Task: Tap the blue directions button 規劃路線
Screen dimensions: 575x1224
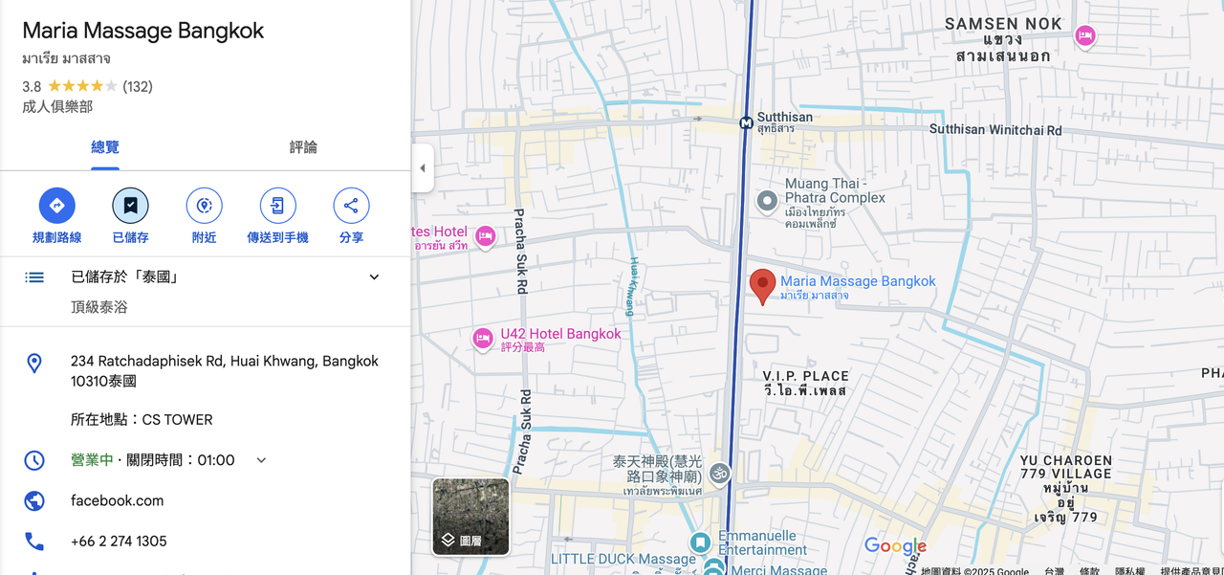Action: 56,206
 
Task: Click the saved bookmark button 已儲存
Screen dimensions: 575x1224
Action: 130,206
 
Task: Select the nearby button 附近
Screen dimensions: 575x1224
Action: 204,206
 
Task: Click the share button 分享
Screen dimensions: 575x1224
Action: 351,206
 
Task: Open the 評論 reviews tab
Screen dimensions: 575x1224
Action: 303,147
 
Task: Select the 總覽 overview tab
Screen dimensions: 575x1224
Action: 105,147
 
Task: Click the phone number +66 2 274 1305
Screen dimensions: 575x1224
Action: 119,542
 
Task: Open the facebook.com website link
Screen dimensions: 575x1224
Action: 117,500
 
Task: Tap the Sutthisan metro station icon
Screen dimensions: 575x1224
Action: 746,122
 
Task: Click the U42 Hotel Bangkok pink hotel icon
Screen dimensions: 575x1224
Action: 484,339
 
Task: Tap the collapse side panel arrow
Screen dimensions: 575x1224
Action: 422,168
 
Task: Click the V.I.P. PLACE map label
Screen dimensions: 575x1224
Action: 805,376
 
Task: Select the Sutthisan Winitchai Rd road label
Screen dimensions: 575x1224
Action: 995,130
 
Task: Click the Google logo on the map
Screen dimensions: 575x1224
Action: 895,546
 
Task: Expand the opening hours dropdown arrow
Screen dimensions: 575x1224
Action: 261,460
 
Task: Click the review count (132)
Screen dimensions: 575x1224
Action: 138,87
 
